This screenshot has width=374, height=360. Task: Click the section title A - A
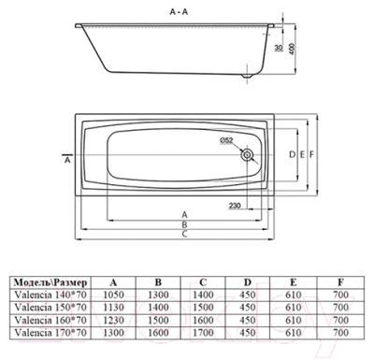(182, 9)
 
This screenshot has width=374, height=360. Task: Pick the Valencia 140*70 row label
(48, 294)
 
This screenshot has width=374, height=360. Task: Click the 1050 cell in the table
(114, 294)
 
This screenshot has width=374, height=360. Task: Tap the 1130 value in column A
(114, 306)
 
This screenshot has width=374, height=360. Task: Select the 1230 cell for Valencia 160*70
(114, 318)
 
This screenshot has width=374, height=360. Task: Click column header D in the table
(247, 281)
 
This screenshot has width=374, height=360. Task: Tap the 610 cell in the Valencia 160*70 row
(292, 318)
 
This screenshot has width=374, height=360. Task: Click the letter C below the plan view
(185, 236)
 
